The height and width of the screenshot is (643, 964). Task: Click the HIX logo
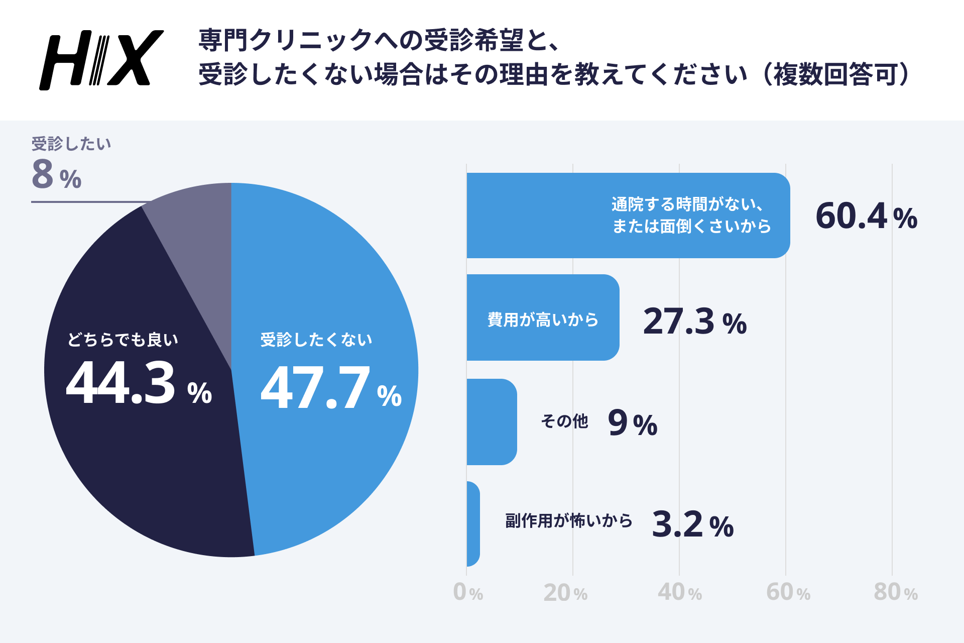tap(101, 60)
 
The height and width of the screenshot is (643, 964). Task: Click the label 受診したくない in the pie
tap(316, 340)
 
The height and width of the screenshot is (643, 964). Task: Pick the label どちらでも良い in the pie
tap(123, 340)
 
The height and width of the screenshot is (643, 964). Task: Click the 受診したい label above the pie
tap(71, 144)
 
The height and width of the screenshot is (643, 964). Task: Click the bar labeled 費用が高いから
tap(542, 317)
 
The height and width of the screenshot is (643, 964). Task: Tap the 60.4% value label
tap(866, 217)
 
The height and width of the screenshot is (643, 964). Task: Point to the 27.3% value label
tap(694, 321)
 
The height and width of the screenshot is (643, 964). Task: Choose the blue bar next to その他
tap(491, 422)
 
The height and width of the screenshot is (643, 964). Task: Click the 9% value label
tap(632, 423)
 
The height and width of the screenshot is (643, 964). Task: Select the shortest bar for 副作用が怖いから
tap(473, 524)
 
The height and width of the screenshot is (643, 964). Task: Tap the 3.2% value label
tap(692, 524)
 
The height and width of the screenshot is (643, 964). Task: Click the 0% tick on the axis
tap(467, 592)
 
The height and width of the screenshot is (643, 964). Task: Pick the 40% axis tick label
tap(679, 592)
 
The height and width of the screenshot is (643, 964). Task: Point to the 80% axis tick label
tap(895, 592)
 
